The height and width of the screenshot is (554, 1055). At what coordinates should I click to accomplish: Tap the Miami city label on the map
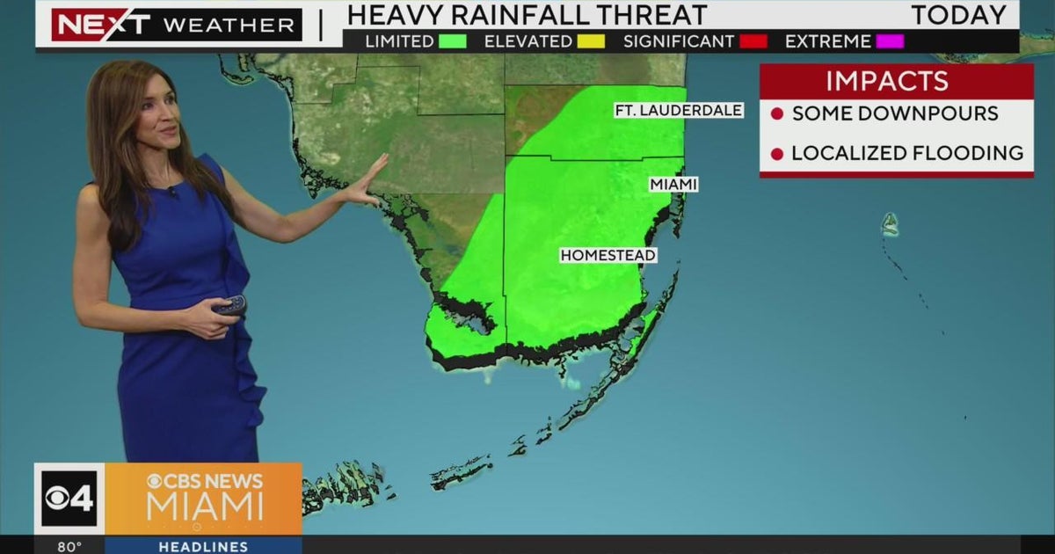[x=673, y=185]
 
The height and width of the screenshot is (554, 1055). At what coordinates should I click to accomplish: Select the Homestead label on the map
[x=608, y=256]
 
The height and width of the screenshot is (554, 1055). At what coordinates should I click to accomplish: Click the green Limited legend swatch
[x=454, y=41]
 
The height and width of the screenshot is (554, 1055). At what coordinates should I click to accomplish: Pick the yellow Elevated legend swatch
[x=586, y=41]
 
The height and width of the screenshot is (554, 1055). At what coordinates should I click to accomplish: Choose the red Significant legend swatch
[x=753, y=41]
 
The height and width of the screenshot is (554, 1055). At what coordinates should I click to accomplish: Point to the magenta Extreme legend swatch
[x=889, y=41]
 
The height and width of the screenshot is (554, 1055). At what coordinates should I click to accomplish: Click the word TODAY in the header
[x=958, y=15]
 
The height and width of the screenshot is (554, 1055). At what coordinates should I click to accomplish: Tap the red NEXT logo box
[x=101, y=25]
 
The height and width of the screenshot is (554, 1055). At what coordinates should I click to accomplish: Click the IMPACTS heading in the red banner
[x=887, y=82]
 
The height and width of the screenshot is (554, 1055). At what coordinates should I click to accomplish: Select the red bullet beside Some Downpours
[x=776, y=114]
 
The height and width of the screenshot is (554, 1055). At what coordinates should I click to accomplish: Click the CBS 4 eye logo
[x=69, y=499]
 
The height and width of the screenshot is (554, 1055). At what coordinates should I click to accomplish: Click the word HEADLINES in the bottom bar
[x=202, y=547]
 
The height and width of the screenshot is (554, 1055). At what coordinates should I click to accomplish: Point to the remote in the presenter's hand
[x=230, y=306]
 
